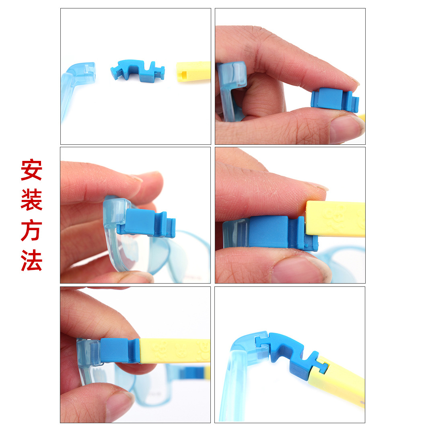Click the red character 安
click(31, 170)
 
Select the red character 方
click(31, 230)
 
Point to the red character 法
click(31, 260)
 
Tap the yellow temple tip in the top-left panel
click(193, 72)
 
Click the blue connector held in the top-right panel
click(334, 100)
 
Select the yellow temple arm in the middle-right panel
click(335, 219)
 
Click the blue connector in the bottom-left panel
click(119, 350)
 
